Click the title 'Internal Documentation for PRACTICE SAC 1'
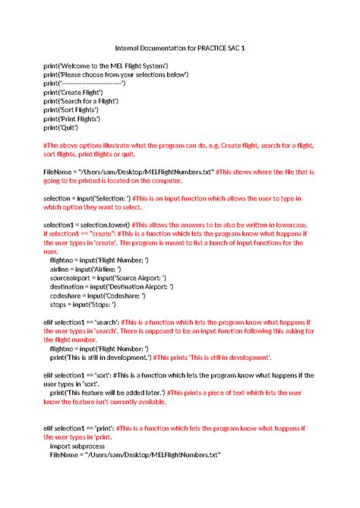coord(179,48)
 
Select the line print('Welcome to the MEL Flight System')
coord(106,68)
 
